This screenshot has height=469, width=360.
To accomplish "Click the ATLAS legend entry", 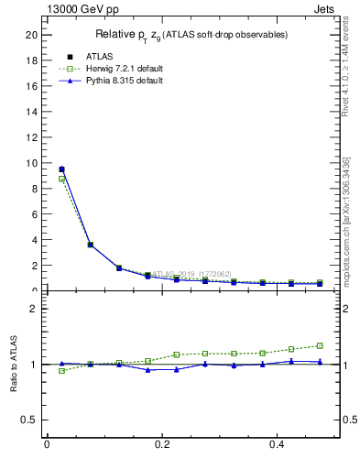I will (x=87, y=56).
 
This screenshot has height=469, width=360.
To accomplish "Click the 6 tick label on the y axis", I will (x=34, y=214).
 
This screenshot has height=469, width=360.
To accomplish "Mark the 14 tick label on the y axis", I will (x=31, y=112).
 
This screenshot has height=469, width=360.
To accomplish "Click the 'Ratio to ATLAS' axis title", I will (x=14, y=365).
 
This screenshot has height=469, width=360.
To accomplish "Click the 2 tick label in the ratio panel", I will (x=34, y=309).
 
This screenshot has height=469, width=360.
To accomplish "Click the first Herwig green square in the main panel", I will (x=61, y=179).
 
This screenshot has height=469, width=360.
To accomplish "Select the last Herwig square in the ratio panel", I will (x=320, y=345).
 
